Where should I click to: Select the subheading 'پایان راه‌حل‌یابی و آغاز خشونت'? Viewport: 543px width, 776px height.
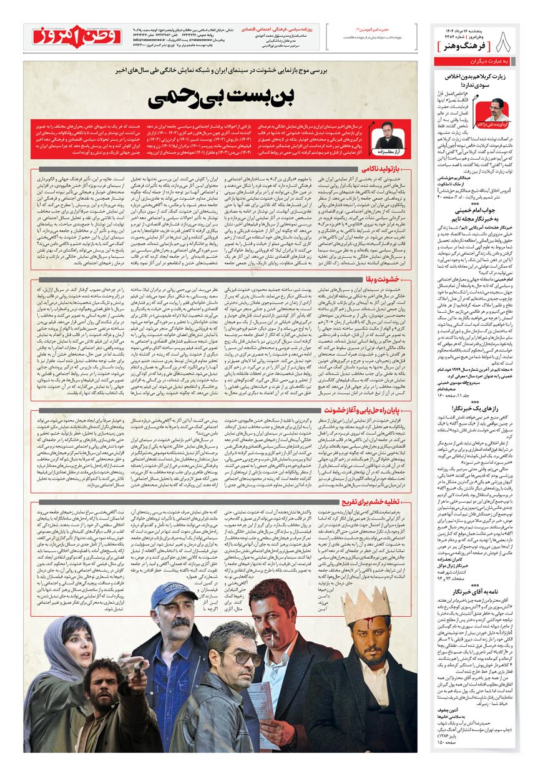pyautogui.click(x=373, y=410)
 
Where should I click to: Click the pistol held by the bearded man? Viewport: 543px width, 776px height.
pyautogui.click(x=137, y=670)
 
